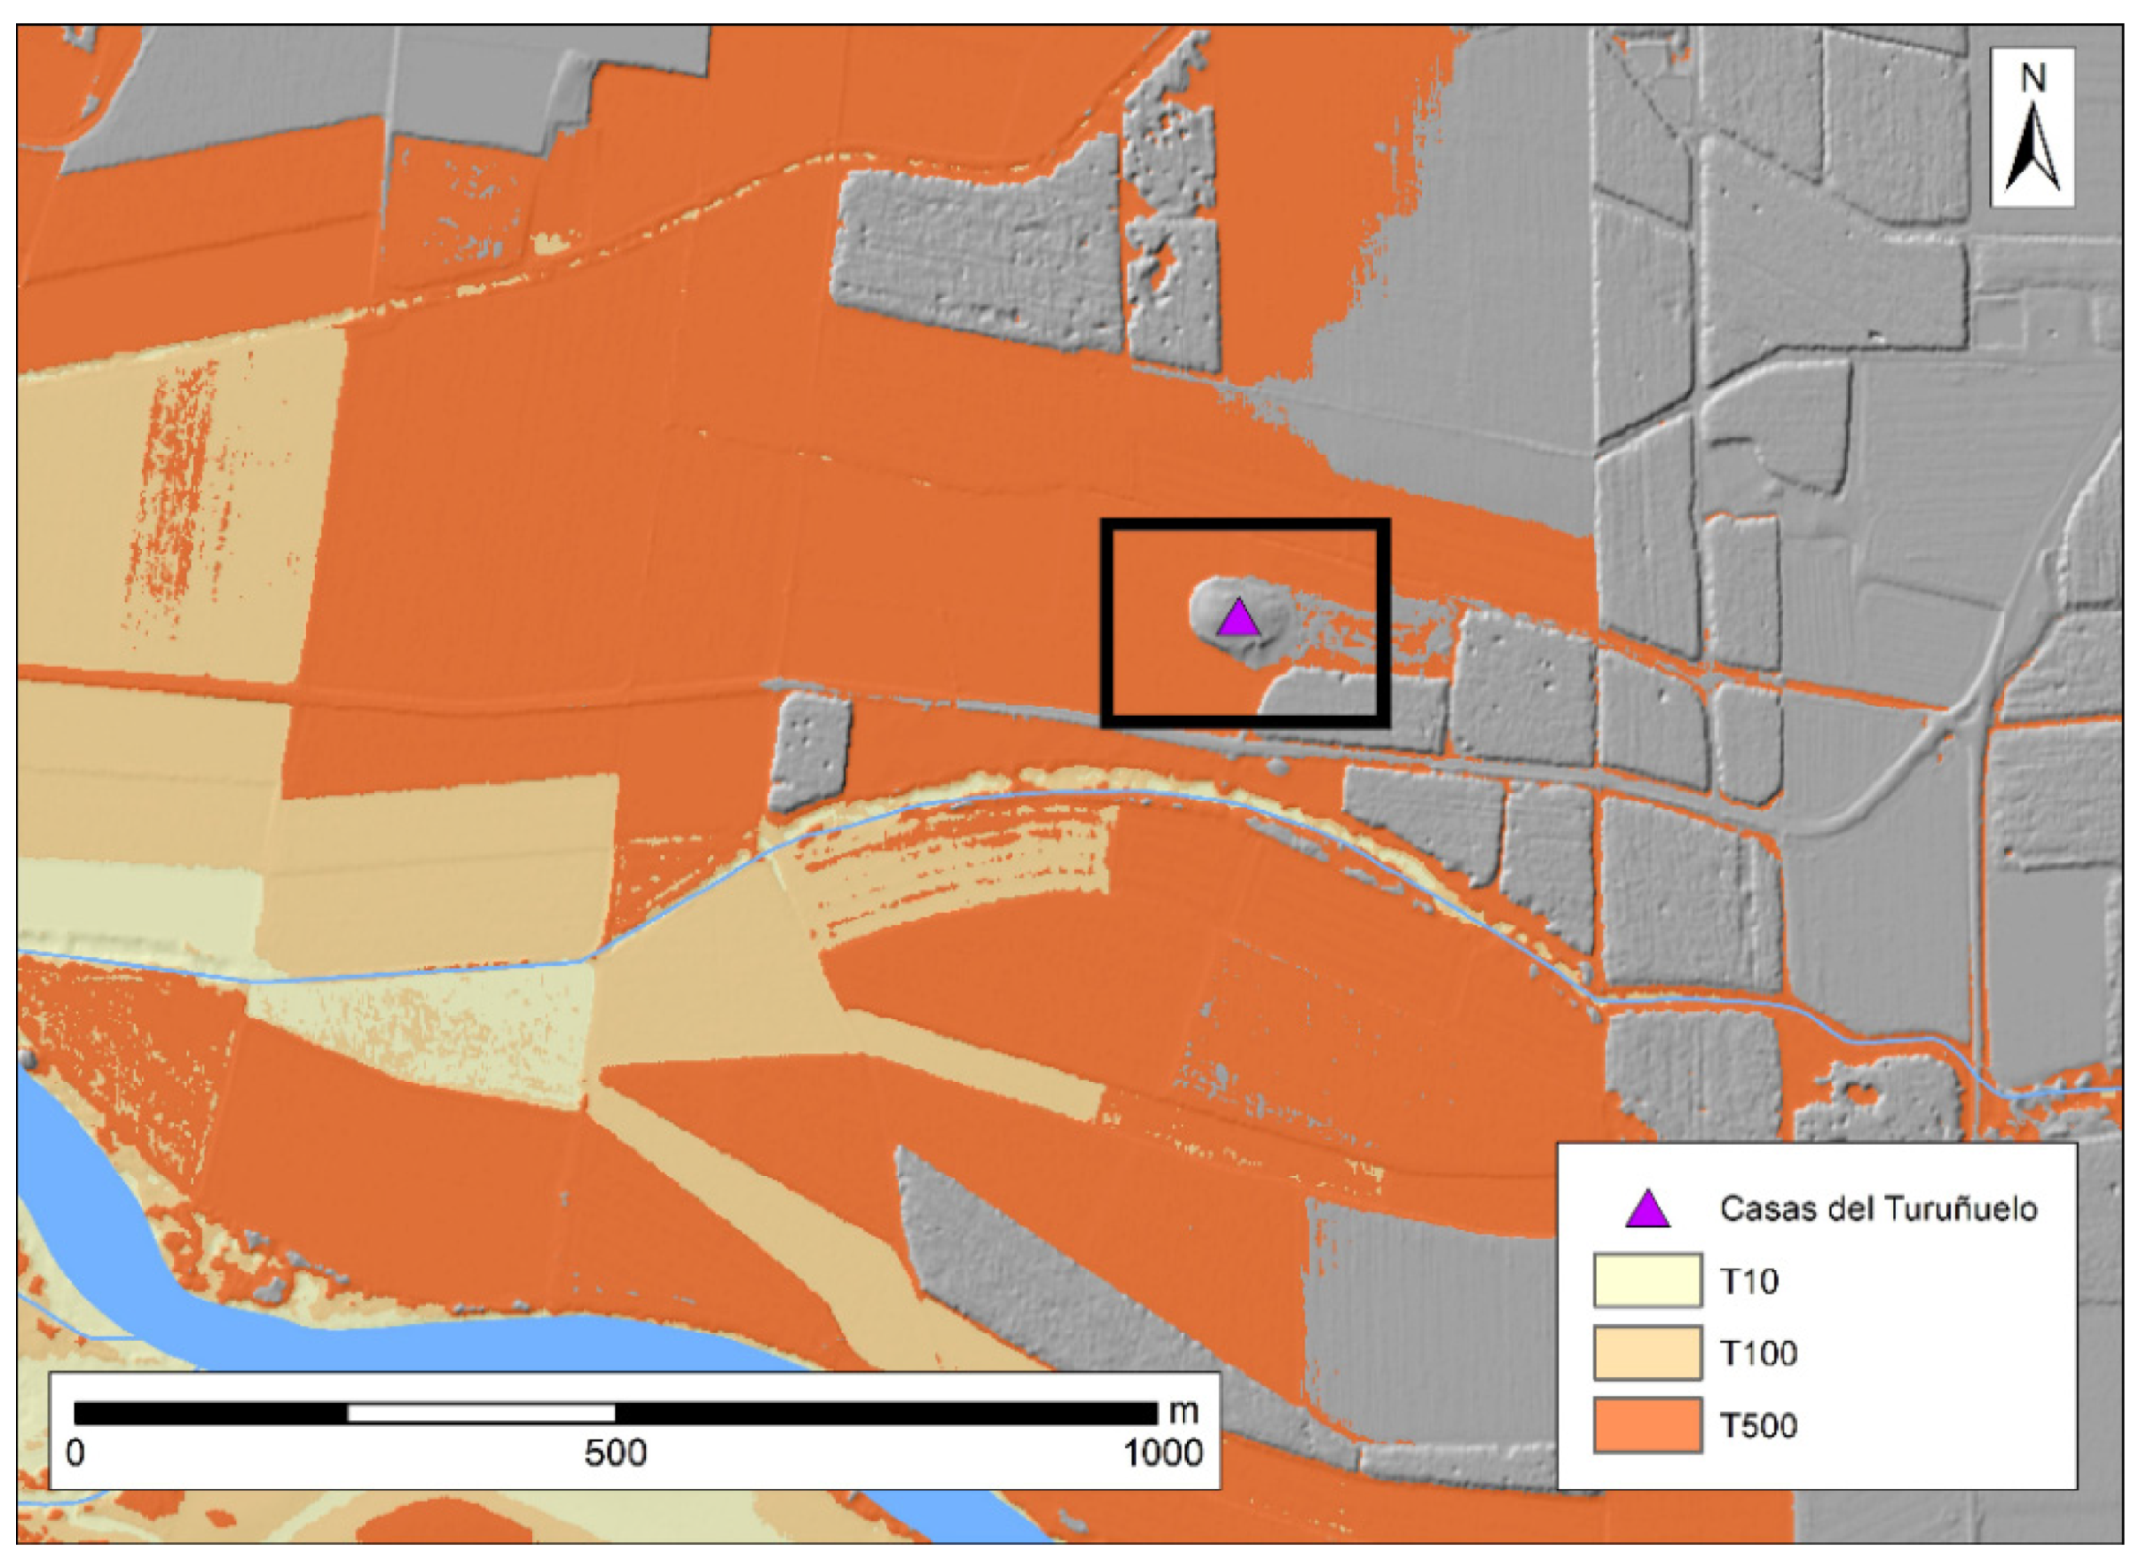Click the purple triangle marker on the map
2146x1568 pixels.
(x=1238, y=618)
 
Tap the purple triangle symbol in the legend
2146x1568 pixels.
(x=1647, y=1210)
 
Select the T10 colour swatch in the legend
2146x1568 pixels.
(x=1647, y=1281)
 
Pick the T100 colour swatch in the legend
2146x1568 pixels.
(x=1647, y=1353)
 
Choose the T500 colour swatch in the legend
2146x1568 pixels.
(x=1647, y=1425)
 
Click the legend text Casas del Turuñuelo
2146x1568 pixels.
(x=1878, y=1209)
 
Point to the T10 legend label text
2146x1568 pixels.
(x=1749, y=1281)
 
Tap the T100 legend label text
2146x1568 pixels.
(x=1758, y=1353)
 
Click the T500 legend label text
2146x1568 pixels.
(x=1758, y=1426)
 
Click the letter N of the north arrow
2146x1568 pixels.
(x=2033, y=78)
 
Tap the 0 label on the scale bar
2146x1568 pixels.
(x=75, y=1454)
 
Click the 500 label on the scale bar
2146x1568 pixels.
(x=615, y=1454)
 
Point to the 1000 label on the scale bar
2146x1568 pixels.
(x=1162, y=1454)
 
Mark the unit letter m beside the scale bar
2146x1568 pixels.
(x=1183, y=1411)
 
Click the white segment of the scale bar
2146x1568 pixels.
(x=481, y=1413)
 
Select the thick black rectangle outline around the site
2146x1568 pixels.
(x=1246, y=524)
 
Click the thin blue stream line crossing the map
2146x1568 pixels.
(x=969, y=797)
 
